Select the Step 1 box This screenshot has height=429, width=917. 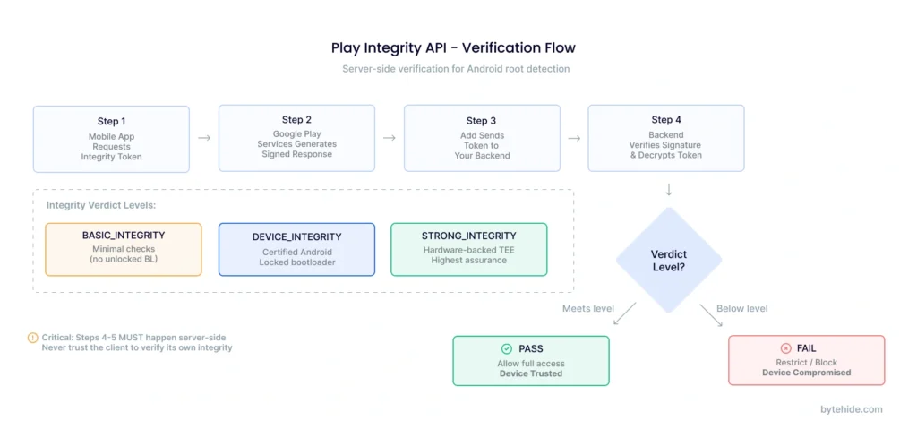(x=111, y=139)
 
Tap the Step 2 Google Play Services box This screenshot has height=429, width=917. (x=296, y=138)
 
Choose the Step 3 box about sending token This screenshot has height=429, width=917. (x=482, y=138)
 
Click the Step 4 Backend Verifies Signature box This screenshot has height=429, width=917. (x=665, y=138)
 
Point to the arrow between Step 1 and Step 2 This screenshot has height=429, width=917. (x=204, y=138)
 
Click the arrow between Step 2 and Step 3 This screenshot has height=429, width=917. (x=390, y=138)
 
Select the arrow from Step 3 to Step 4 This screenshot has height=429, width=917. (x=574, y=138)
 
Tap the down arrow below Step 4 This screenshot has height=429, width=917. (x=669, y=190)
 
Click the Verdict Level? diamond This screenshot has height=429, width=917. (x=669, y=261)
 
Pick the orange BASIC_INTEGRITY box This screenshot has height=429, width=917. (x=124, y=249)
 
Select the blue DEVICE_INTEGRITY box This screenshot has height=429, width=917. (x=296, y=249)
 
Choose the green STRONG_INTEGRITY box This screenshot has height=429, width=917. (x=468, y=248)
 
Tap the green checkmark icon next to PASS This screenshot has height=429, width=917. (x=507, y=348)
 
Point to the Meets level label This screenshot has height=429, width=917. (x=587, y=309)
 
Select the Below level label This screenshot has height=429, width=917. (x=742, y=309)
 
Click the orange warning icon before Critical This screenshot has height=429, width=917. (x=32, y=338)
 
